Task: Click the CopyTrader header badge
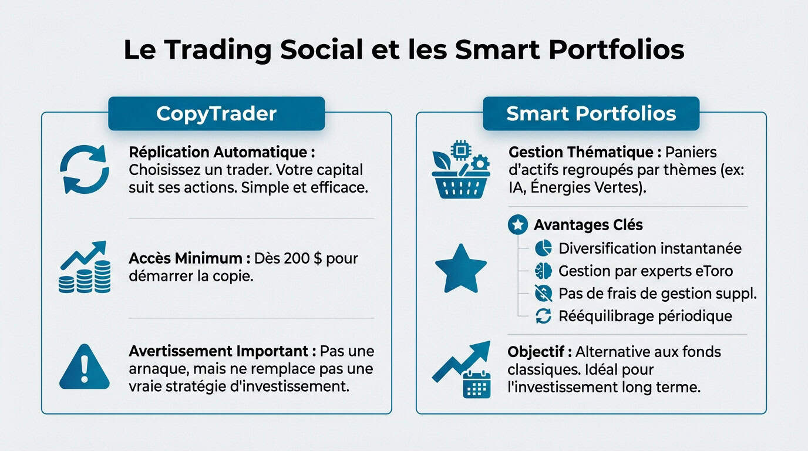click(x=216, y=113)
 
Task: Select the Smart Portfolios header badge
click(x=591, y=113)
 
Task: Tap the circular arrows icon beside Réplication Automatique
click(x=85, y=170)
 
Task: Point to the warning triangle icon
click(x=85, y=368)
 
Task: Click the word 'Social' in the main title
click(x=321, y=51)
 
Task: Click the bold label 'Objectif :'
click(x=540, y=352)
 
